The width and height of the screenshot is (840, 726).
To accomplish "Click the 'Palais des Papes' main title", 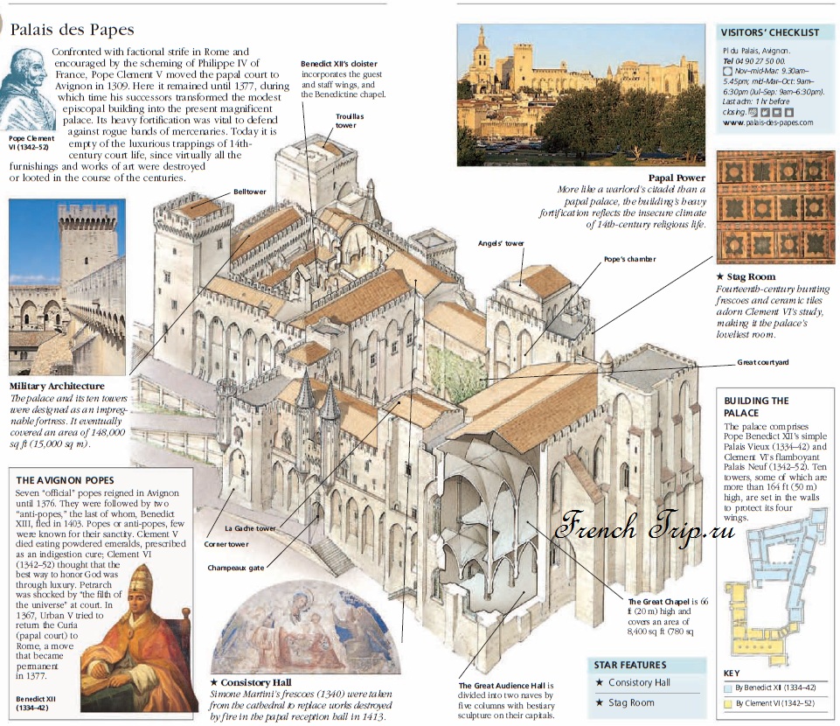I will (x=71, y=30).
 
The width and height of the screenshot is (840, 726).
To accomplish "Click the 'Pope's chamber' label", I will (x=629, y=259).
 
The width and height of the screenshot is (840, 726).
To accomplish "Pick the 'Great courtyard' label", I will (x=763, y=361).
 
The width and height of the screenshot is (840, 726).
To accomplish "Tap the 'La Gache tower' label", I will (x=250, y=528).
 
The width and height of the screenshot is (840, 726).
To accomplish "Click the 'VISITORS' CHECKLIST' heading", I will (x=770, y=32).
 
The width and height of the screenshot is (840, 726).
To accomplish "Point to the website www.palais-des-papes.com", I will (x=768, y=122).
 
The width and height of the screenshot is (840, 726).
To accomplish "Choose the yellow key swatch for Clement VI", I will (x=727, y=703).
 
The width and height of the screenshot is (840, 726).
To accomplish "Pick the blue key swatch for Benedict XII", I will (x=727, y=688).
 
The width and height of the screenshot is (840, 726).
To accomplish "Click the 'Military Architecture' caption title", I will (x=57, y=386).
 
